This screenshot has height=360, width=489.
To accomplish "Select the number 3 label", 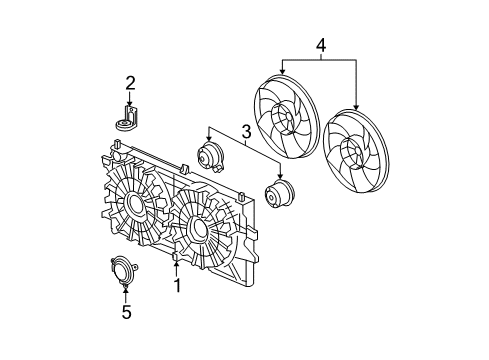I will [244, 130].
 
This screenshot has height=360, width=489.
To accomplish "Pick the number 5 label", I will [126, 312].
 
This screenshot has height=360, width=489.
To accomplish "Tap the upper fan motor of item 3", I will [211, 158].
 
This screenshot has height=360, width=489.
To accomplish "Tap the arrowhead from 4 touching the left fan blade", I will [283, 72].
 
